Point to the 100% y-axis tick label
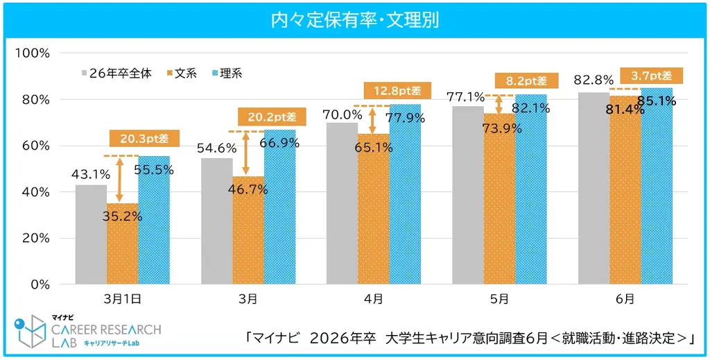(x=35, y=53)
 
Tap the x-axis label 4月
(x=374, y=299)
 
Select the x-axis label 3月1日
(x=122, y=299)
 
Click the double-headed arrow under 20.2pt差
(x=245, y=153)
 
